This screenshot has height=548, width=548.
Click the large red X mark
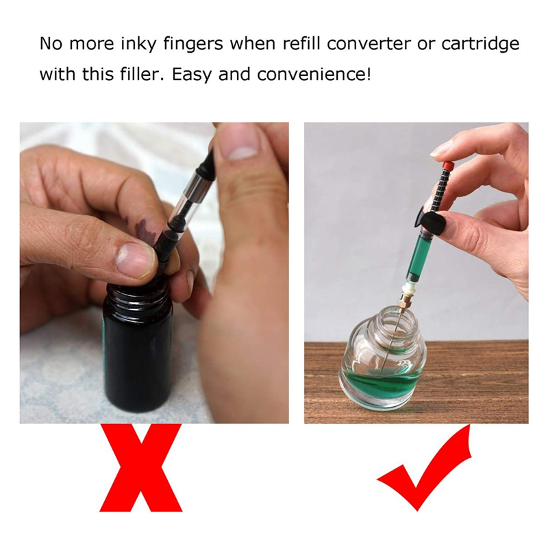click(x=140, y=467)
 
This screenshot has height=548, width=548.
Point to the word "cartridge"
click(x=479, y=45)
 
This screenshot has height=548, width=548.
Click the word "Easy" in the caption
click(x=190, y=74)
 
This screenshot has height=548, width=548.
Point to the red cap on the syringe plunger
click(x=448, y=166)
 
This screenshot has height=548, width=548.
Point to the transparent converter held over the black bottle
click(x=186, y=202)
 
